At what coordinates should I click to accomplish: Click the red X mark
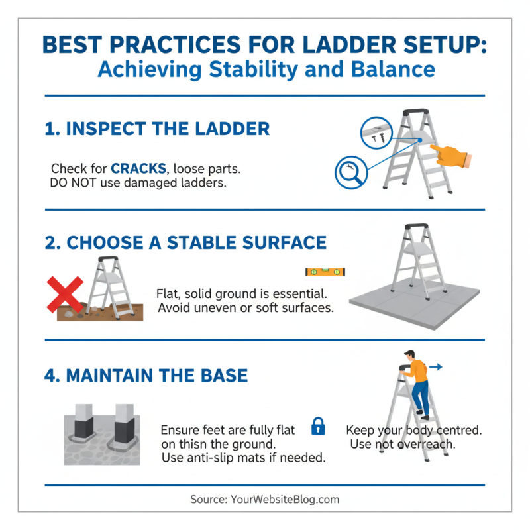click(x=64, y=295)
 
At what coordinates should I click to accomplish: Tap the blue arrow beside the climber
click(x=436, y=366)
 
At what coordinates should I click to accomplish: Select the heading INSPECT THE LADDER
click(x=158, y=128)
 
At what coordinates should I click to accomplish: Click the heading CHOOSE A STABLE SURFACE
click(x=185, y=243)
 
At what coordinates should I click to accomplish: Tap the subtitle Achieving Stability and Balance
click(x=266, y=69)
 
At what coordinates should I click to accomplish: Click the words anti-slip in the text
click(x=213, y=458)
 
